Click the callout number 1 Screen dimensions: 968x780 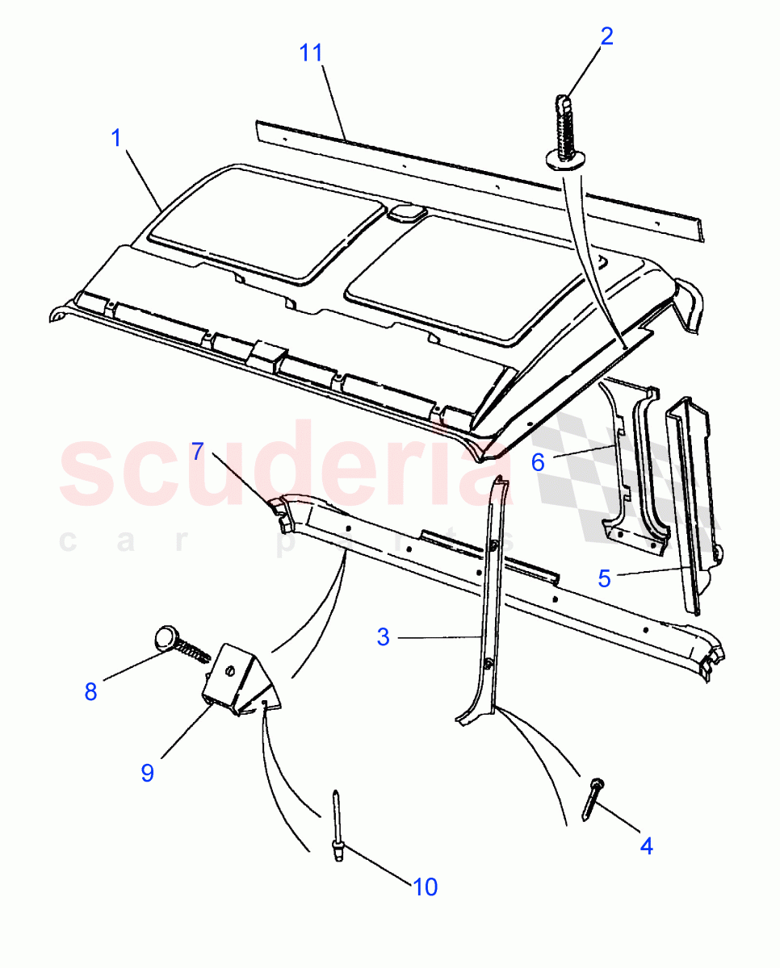coord(116,138)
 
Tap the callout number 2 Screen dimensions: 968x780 coord(606,36)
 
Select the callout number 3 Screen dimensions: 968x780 coord(383,636)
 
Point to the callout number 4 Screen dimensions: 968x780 coord(645,845)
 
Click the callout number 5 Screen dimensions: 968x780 coord(605,578)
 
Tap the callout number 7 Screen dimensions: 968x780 coord(199,452)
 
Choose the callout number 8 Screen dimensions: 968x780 coord(90,691)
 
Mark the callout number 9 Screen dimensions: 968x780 coord(147,773)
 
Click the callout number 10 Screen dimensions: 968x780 coord(425,887)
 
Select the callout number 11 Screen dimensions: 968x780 coord(311,53)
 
